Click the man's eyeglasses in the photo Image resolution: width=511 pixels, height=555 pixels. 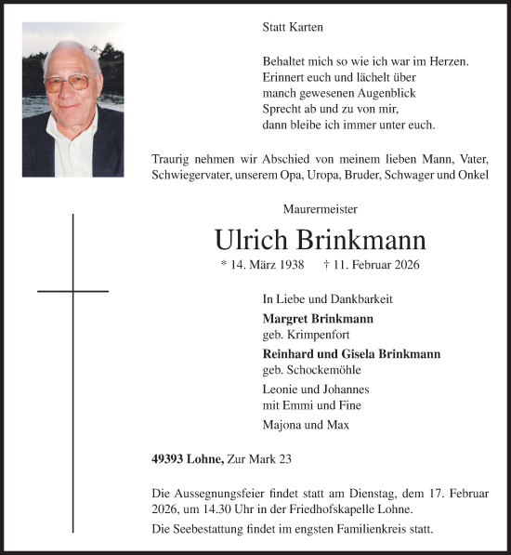tap(70, 83)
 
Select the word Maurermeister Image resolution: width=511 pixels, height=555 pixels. tap(321, 210)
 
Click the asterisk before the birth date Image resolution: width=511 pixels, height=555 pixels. tap(224, 266)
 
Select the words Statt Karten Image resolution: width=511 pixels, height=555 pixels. tap(292, 29)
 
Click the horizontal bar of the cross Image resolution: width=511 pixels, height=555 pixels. tap(72, 291)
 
